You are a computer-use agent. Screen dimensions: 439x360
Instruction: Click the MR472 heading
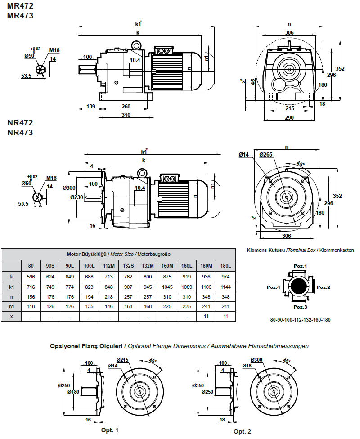[x=20, y=6]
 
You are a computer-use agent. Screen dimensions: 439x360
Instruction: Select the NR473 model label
[x=20, y=133]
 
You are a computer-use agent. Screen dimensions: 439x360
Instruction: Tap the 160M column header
[x=167, y=266]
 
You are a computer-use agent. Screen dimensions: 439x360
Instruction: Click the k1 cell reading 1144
[x=225, y=287]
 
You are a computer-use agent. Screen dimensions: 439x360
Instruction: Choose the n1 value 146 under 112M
[x=108, y=306]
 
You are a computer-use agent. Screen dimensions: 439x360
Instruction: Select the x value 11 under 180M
[x=206, y=316]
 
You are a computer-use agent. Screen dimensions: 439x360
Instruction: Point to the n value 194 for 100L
[x=89, y=297]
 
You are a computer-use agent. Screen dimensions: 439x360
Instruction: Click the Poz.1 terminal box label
[x=300, y=266]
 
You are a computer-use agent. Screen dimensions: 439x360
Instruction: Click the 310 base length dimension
[x=126, y=115]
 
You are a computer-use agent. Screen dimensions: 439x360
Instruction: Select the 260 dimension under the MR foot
[x=126, y=107]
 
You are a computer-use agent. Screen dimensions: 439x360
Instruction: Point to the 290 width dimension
[x=289, y=118]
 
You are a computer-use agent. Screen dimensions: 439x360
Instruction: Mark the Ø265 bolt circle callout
[x=266, y=155]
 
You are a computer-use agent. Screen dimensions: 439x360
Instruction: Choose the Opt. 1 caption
[x=110, y=430]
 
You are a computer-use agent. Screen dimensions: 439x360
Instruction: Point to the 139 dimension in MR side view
[x=90, y=107]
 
